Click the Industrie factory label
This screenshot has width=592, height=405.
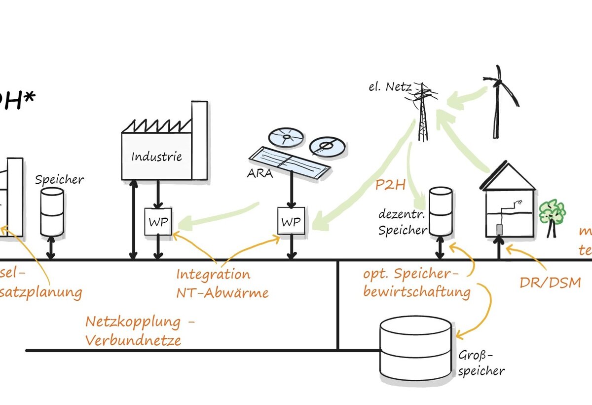tap(156, 157)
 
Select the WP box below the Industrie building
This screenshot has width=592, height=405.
tap(158, 222)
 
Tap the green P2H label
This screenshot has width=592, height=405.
tap(390, 185)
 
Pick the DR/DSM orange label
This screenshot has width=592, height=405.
tap(550, 283)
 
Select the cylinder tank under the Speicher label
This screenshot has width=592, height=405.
tap(51, 211)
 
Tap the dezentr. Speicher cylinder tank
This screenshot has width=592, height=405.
tap(440, 211)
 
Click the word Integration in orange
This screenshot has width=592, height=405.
tap(213, 274)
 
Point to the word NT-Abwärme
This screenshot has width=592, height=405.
tap(222, 292)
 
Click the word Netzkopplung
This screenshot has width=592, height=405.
tap(133, 322)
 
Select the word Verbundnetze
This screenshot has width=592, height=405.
tap(133, 340)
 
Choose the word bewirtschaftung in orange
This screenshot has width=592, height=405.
tap(417, 291)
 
